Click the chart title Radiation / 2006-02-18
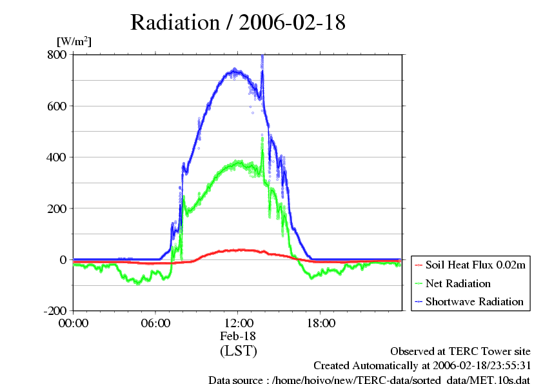point(237,23)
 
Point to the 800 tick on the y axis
point(57,55)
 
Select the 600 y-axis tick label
point(57,106)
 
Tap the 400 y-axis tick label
point(57,157)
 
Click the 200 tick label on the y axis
point(57,208)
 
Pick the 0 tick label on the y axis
point(63,259)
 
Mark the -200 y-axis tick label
point(54,311)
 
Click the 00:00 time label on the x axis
point(74,323)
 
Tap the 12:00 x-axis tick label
point(238,323)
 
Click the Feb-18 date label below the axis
point(238,336)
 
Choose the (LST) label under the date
point(238,351)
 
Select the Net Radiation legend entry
point(458,283)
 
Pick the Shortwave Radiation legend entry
point(474,301)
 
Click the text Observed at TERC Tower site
point(460,352)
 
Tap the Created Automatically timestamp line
point(422,366)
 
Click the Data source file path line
point(369,379)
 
